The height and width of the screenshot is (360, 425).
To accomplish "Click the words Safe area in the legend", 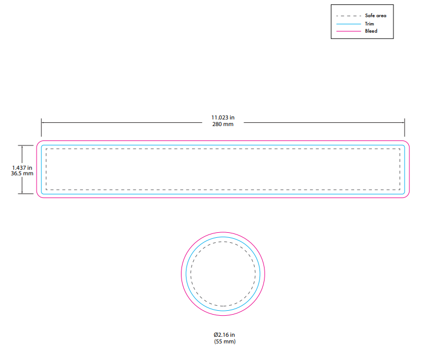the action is (x=375, y=15).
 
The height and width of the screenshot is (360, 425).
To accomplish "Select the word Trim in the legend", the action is (x=369, y=24).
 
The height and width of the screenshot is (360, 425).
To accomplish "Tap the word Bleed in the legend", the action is (x=371, y=31).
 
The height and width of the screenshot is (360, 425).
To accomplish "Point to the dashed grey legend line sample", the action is (x=349, y=16).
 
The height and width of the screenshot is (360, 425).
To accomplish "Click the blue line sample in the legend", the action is (x=349, y=24).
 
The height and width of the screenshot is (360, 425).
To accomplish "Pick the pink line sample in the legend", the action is (x=349, y=32).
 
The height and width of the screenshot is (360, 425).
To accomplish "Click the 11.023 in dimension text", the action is (x=223, y=118).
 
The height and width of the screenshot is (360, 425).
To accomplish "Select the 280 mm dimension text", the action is (x=223, y=124).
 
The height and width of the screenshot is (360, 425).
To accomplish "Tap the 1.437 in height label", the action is (x=22, y=168).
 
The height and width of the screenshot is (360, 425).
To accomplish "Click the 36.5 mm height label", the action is (x=22, y=174).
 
